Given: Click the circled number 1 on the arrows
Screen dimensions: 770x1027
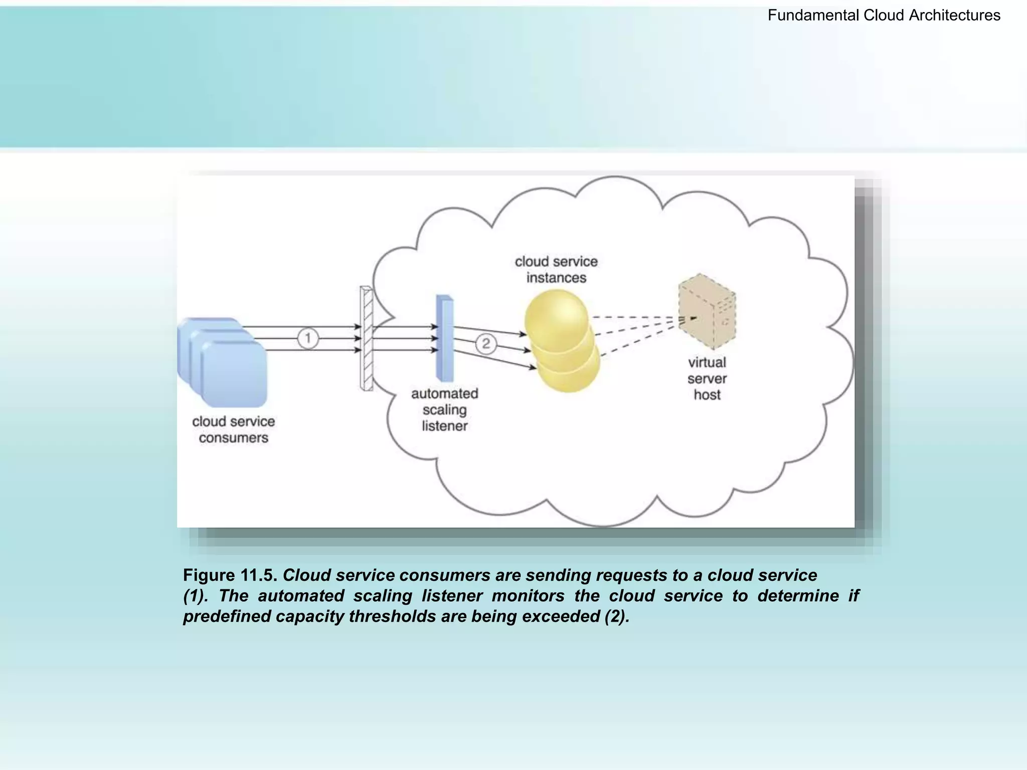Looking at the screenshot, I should pyautogui.click(x=308, y=338).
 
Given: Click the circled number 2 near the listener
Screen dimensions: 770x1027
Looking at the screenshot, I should pyautogui.click(x=486, y=344).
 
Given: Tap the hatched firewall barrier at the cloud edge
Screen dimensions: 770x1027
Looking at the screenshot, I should pyautogui.click(x=367, y=339).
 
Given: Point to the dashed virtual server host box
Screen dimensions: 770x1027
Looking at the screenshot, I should pyautogui.click(x=707, y=311).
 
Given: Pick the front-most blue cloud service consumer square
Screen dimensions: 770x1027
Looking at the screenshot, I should pyautogui.click(x=234, y=373).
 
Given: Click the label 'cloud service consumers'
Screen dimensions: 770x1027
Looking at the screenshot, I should pyautogui.click(x=233, y=430).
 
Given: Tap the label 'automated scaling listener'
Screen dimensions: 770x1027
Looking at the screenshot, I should pyautogui.click(x=445, y=410).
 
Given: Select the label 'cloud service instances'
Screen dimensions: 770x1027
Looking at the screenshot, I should pyautogui.click(x=556, y=269).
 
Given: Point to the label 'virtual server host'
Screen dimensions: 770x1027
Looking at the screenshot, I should pyautogui.click(x=707, y=378).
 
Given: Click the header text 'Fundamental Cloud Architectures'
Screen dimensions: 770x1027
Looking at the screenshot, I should pyautogui.click(x=884, y=16).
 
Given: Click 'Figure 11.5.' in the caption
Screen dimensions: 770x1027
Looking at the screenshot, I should pyautogui.click(x=230, y=575).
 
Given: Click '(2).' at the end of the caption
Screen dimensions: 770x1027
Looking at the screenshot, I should pyautogui.click(x=617, y=616).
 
